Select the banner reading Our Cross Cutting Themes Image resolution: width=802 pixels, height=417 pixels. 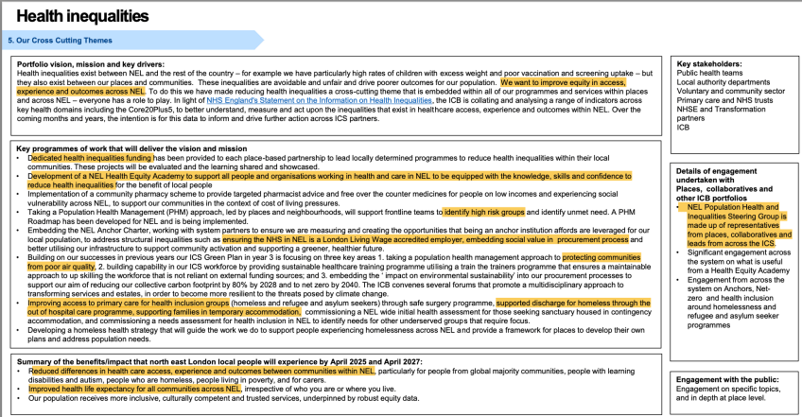click(57, 41)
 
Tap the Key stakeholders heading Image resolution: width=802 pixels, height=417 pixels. click(710, 63)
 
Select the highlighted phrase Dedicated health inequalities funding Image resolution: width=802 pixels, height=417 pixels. click(90, 156)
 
